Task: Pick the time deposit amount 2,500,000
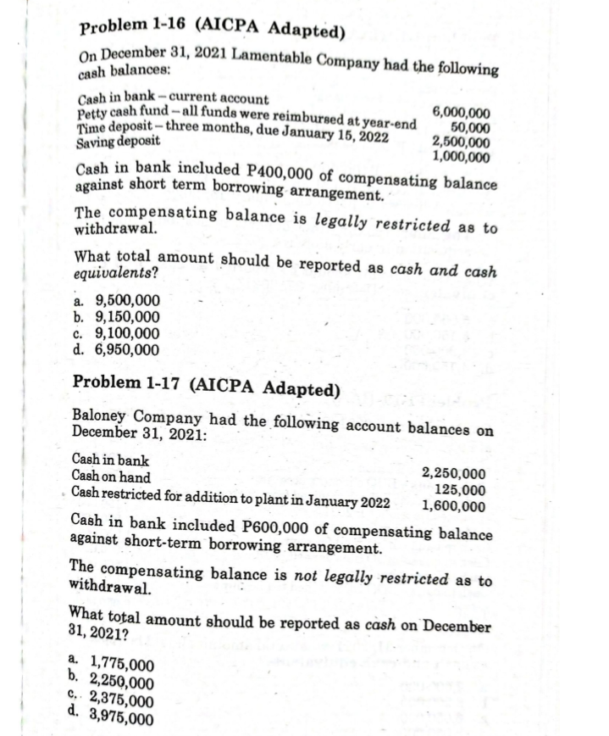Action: [x=460, y=142]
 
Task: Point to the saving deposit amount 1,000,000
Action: [x=460, y=156]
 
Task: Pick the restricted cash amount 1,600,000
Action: [x=455, y=507]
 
